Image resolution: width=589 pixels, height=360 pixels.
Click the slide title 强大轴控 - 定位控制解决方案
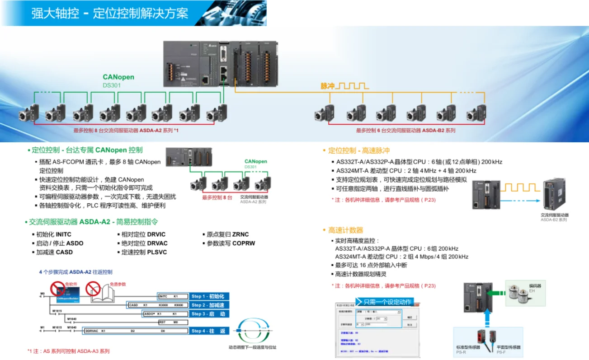point(109,13)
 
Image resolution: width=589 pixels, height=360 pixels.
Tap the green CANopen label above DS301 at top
point(118,77)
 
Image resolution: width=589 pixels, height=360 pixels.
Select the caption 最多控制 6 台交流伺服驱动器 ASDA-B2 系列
point(405,131)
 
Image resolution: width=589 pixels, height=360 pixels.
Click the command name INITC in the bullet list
point(63,234)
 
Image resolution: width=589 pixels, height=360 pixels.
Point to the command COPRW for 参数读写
point(244,243)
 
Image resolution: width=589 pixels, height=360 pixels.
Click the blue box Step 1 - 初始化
point(207,296)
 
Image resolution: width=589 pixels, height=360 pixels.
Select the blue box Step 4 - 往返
point(209,331)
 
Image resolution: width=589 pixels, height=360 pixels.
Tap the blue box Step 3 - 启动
point(208,313)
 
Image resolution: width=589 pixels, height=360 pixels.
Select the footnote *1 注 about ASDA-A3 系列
point(68,351)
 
